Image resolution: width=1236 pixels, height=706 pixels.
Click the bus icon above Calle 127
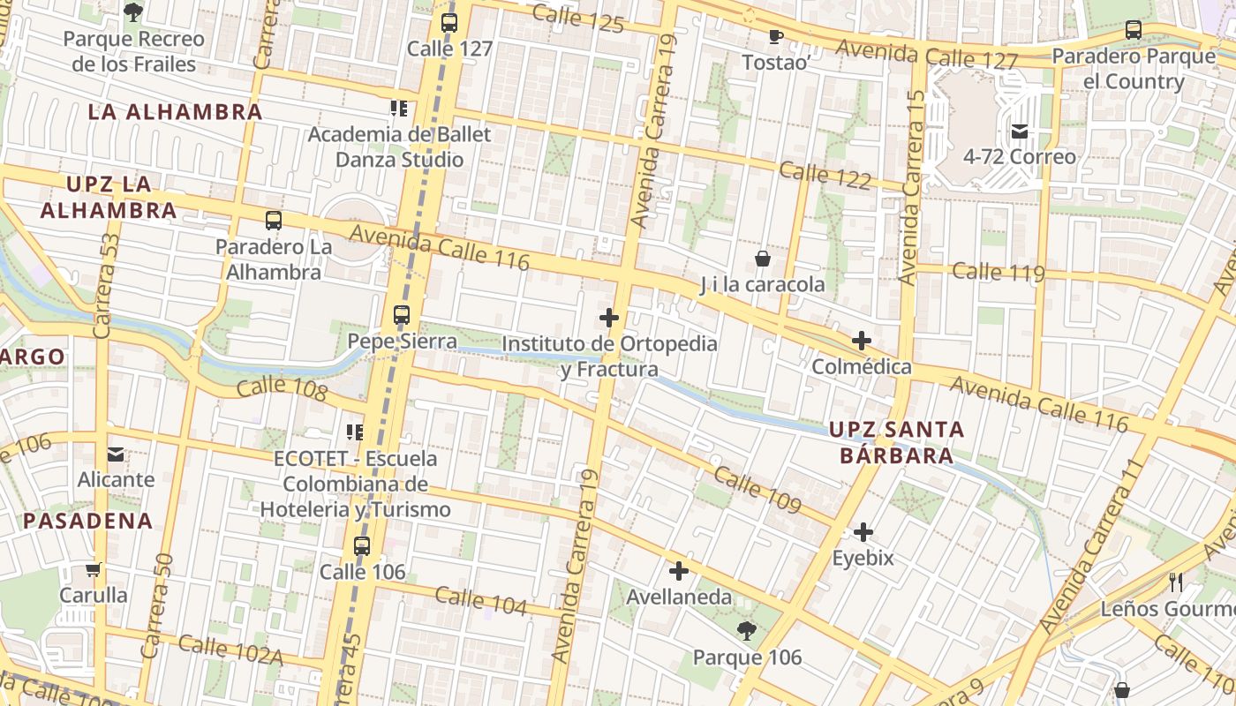[449, 22]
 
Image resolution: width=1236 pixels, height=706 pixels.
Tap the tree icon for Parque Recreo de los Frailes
[133, 11]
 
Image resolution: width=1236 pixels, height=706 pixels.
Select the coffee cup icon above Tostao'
[775, 36]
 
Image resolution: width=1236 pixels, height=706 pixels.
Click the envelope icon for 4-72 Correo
[1020, 131]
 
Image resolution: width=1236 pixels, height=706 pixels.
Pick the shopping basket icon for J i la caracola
[762, 259]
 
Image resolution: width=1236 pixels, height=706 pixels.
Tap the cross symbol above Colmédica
[862, 341]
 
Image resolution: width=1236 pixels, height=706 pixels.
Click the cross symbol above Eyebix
[863, 532]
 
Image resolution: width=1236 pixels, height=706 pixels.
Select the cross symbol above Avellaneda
[678, 571]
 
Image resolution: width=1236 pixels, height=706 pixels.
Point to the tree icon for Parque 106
[747, 630]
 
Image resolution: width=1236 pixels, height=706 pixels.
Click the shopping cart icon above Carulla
[94, 569]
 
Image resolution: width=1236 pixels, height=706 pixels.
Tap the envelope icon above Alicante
[116, 454]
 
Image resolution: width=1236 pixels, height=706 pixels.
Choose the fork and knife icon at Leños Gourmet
[1175, 582]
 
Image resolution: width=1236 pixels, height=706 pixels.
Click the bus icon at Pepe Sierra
[402, 314]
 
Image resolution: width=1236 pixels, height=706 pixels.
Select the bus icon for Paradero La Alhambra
[274, 221]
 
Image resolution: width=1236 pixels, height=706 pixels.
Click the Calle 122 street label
[825, 174]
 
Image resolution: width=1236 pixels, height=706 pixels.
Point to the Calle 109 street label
[757, 490]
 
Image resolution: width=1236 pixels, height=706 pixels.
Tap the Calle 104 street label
[480, 601]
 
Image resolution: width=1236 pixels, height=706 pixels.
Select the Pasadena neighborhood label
[88, 521]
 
